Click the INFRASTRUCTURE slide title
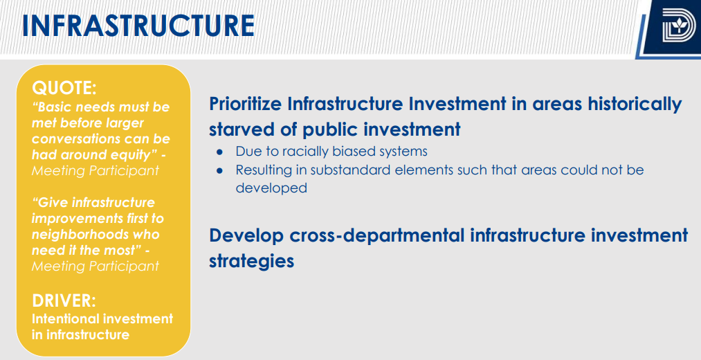coord(138,26)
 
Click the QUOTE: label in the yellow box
coord(64,88)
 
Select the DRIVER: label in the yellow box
coord(64,301)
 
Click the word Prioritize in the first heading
coord(246,105)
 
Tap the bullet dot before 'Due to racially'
coord(219,152)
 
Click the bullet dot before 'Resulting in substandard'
coord(219,171)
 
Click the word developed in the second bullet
coord(271,188)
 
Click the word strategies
coord(252,261)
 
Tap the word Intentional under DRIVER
coord(65,319)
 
